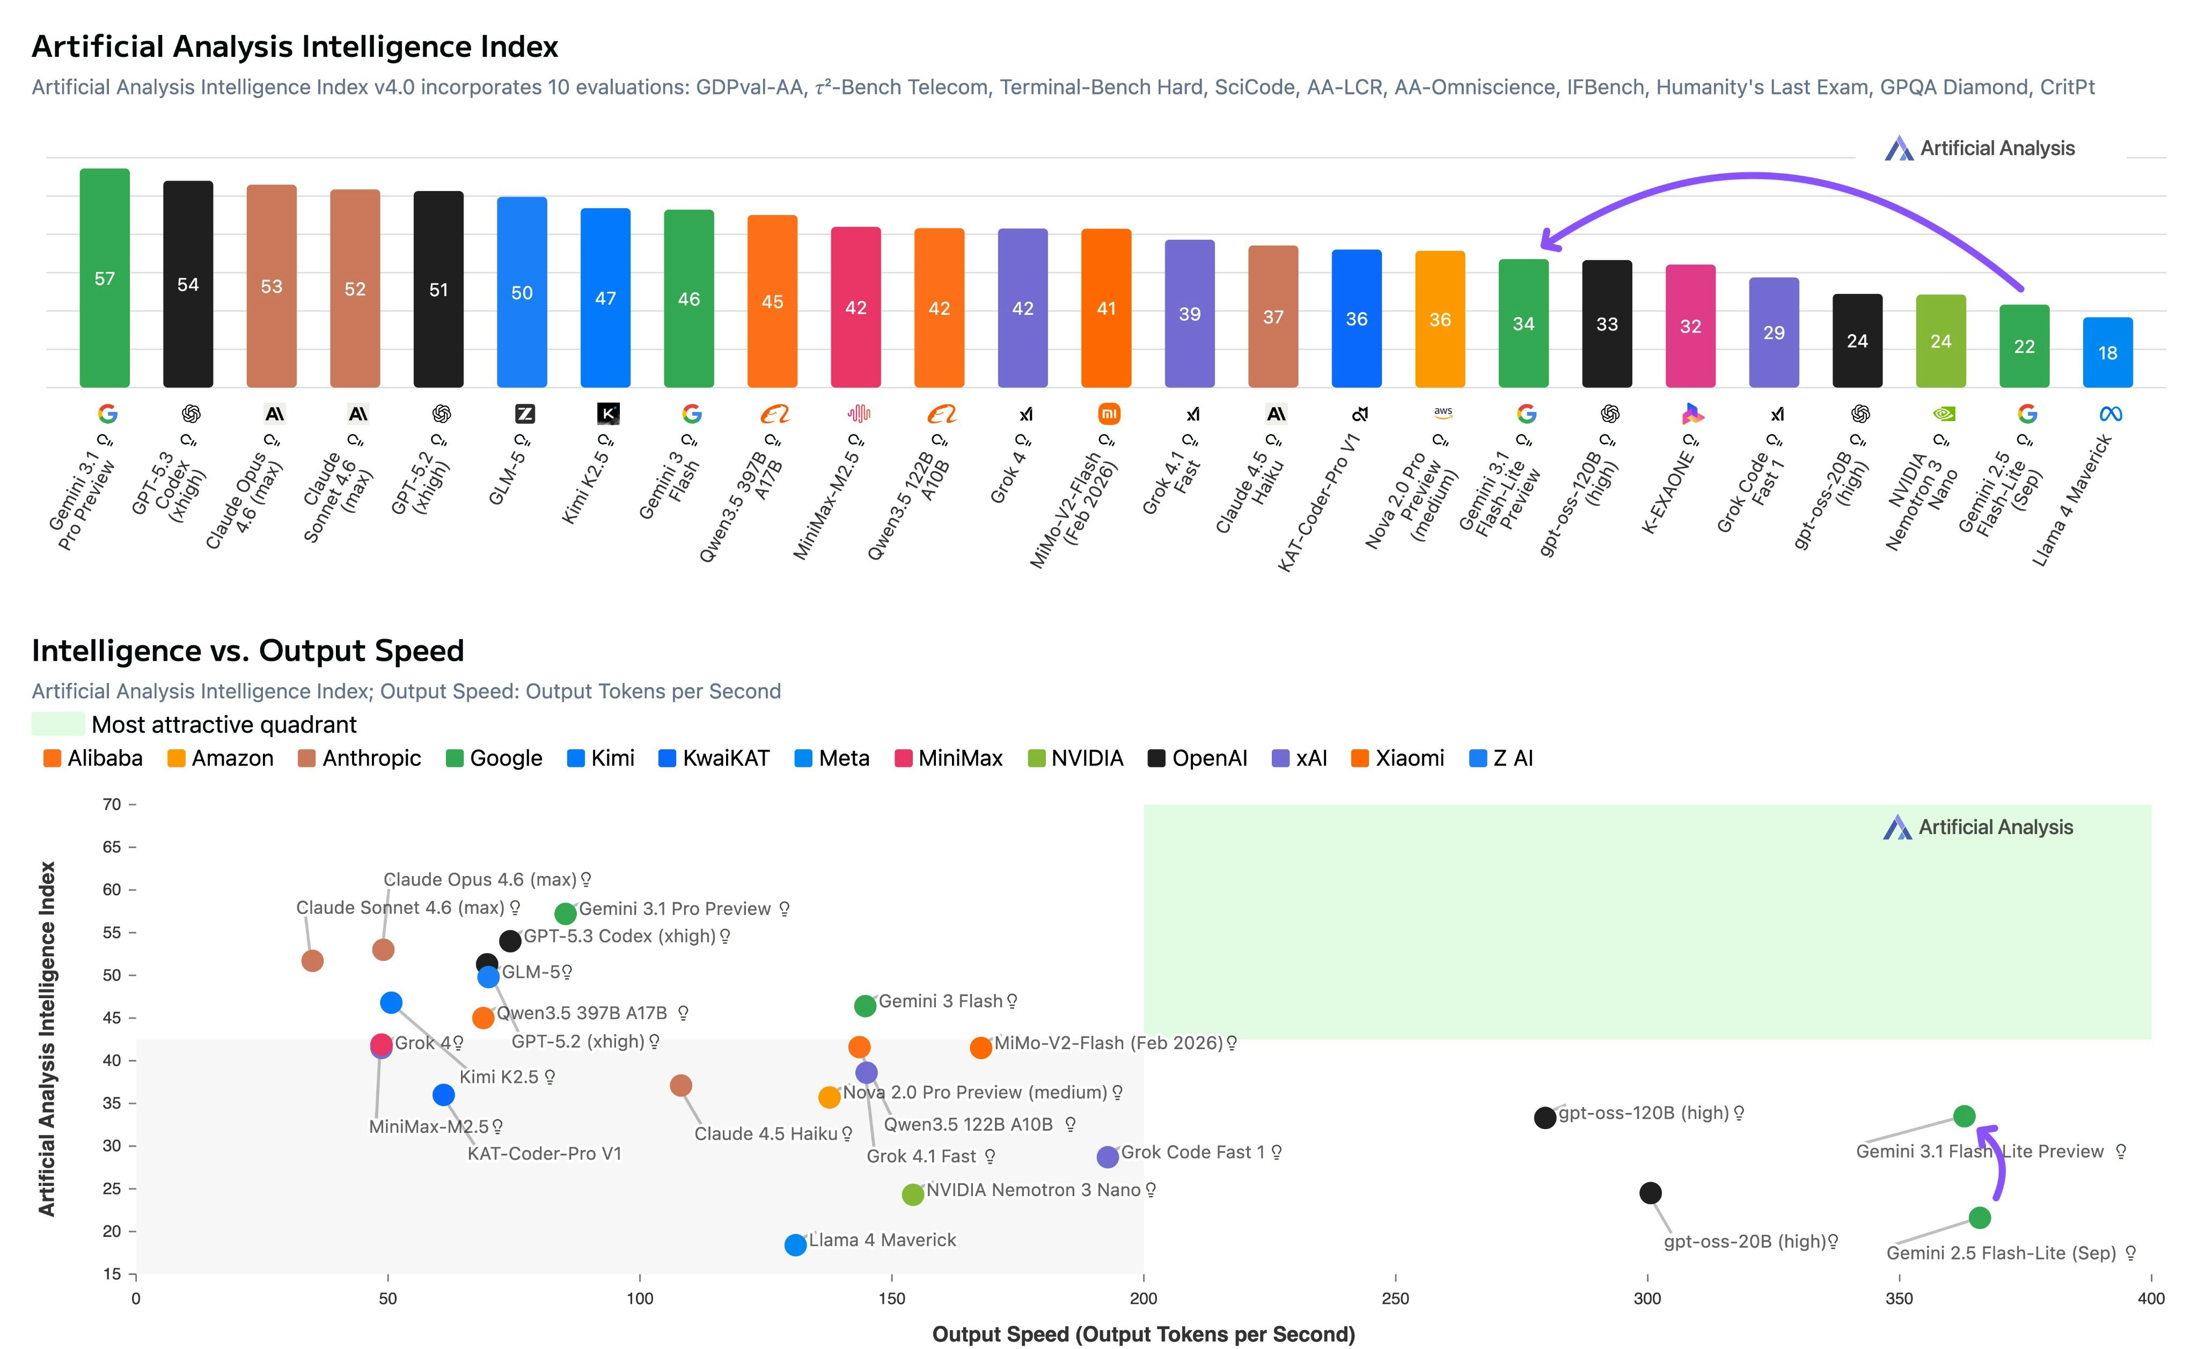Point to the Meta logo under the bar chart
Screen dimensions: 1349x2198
2111,414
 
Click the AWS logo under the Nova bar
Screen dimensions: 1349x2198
1442,413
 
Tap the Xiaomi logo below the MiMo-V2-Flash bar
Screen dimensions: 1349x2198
1108,414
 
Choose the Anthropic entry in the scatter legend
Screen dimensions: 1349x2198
359,758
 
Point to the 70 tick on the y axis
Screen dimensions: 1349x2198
112,805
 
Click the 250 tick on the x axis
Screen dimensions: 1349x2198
1395,1298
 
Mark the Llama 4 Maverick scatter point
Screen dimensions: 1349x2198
795,1244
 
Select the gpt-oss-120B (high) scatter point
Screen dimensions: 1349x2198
1545,1117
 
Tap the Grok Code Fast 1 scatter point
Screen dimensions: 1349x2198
1108,1157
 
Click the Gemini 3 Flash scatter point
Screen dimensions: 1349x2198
864,1006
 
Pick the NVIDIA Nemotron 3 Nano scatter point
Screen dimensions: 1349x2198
912,1195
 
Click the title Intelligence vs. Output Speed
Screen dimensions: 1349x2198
247,651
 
